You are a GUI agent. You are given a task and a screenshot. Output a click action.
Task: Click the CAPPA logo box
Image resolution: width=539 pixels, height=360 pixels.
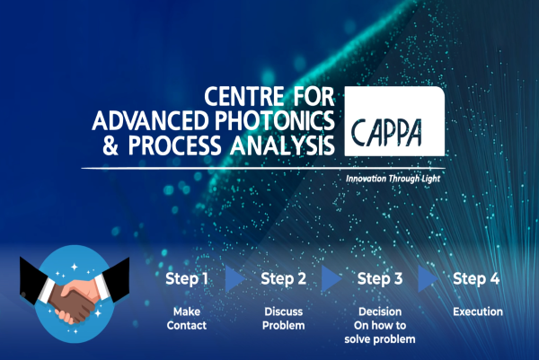[394, 121]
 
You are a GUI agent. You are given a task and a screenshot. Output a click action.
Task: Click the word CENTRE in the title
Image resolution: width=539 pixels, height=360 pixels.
[244, 97]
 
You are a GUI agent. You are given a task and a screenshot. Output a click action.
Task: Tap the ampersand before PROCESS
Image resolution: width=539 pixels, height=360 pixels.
[110, 145]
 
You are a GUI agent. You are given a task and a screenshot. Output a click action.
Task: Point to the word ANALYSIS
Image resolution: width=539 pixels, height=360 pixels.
[282, 145]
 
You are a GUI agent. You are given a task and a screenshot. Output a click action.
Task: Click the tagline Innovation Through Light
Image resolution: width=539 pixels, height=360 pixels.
[393, 179]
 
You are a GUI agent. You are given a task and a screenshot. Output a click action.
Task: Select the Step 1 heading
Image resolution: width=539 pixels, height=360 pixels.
[187, 278]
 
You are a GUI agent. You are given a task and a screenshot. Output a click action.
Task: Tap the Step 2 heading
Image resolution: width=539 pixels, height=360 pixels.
[283, 278]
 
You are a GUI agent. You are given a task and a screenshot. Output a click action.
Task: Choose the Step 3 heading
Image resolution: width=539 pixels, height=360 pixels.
[380, 278]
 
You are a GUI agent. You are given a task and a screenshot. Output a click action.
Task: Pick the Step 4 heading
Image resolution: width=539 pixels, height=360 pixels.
[476, 278]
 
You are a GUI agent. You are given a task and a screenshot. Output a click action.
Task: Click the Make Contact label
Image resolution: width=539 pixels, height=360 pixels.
[187, 319]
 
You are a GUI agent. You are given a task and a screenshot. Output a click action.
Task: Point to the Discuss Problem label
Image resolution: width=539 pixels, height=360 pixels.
[283, 319]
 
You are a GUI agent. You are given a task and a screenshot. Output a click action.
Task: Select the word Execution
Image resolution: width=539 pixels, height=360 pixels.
[478, 312]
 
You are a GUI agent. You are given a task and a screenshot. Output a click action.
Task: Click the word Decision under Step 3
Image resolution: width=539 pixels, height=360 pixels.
[380, 312]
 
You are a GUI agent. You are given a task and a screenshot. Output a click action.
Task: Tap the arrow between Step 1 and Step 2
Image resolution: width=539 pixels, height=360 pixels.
[235, 278]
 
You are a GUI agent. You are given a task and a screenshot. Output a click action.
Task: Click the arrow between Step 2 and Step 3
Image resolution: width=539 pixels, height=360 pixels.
[331, 278]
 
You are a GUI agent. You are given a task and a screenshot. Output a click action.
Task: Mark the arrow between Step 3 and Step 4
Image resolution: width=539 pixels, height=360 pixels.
[428, 278]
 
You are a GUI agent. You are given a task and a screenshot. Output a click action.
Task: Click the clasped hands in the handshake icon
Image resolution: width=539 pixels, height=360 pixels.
[75, 301]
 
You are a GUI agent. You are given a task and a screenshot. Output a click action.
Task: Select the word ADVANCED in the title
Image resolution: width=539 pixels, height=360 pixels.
[150, 120]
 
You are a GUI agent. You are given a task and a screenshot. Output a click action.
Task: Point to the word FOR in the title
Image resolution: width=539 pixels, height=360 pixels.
[314, 97]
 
